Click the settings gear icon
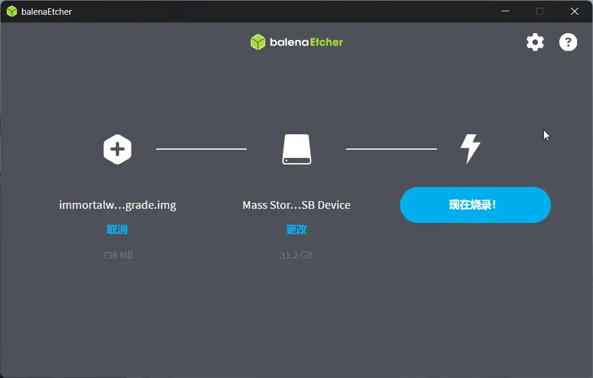(535, 42)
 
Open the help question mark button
(568, 42)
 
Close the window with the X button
(575, 11)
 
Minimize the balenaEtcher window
(505, 11)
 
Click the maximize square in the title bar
(540, 11)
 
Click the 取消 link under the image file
(117, 230)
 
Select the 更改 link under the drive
(296, 230)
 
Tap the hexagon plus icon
(117, 149)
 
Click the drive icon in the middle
(297, 149)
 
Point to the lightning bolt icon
(470, 149)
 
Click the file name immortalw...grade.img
(118, 205)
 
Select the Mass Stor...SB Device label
(296, 205)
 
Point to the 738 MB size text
(117, 255)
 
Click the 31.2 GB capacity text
(296, 255)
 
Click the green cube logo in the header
(258, 42)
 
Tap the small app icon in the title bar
(12, 11)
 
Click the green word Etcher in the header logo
(326, 42)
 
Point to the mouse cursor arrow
(546, 135)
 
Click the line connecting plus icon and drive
(202, 149)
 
